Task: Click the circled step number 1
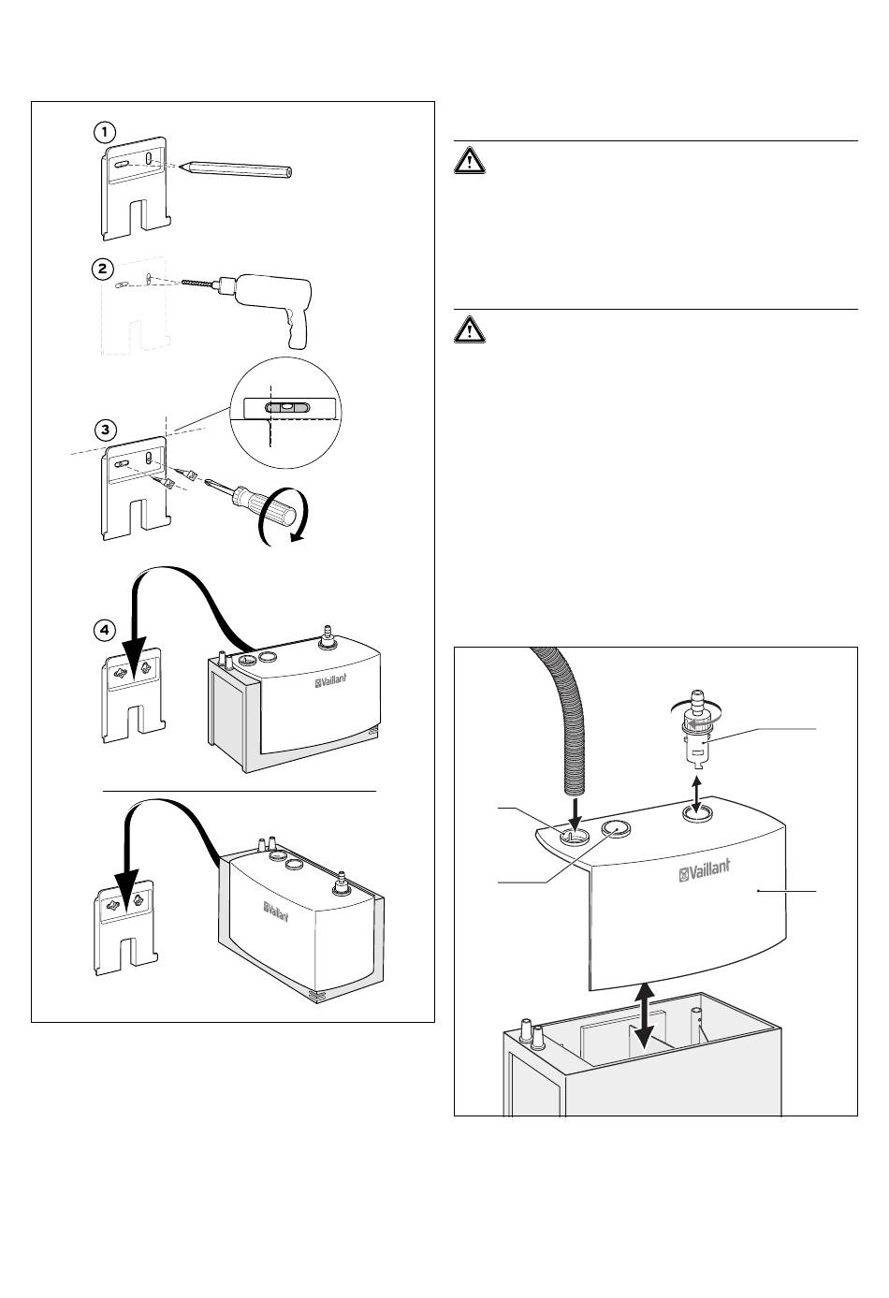[x=104, y=133]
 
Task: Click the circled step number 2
[x=103, y=269]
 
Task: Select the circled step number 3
[x=106, y=430]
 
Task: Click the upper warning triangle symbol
[x=470, y=162]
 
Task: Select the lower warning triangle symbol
[x=470, y=330]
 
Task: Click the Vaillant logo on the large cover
[x=705, y=870]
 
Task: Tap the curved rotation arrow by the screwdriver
[x=284, y=518]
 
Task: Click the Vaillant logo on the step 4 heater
[x=331, y=679]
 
